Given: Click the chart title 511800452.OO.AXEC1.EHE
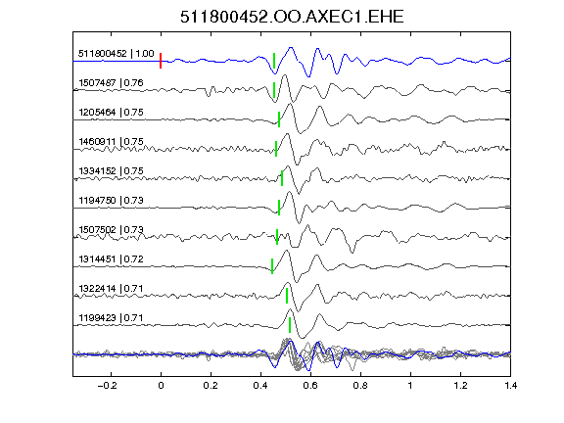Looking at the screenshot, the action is pos(292,17).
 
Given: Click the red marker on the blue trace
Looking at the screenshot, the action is pos(161,61).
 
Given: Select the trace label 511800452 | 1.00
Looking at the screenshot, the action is pos(117,54).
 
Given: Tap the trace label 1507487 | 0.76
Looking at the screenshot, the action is pos(111,83).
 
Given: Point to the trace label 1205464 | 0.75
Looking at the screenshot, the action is pos(111,113).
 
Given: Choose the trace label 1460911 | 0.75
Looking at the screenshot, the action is pos(111,142).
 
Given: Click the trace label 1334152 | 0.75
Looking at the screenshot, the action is pos(111,170).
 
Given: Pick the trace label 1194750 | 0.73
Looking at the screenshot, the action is pos(111,201).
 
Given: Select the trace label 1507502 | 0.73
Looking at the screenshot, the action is pos(111,230).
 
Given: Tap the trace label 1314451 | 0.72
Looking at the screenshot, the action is pos(111,259).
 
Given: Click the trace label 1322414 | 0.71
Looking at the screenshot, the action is pos(111,289).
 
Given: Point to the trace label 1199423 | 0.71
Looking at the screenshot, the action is pos(111,318).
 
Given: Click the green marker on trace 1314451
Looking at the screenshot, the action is pos(272,266).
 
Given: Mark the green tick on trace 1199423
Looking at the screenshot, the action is pos(290,325).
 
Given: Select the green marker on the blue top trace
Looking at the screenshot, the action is pos(274,61).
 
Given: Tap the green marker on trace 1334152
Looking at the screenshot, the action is pos(282,178).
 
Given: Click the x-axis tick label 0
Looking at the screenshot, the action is pos(161,386).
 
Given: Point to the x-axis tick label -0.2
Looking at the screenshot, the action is pos(107,386).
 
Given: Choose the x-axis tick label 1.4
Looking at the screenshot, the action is pos(510,386).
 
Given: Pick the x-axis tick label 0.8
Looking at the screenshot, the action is pos(360,386).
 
